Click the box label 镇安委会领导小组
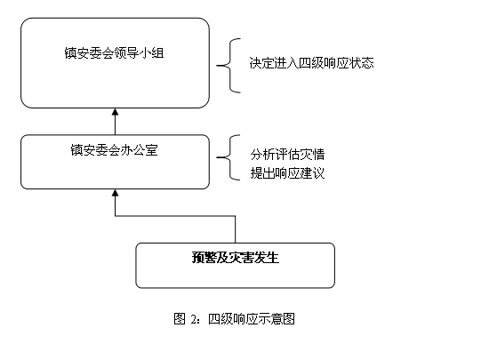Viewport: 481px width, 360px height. coord(114,52)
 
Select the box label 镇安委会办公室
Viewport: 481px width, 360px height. coord(114,150)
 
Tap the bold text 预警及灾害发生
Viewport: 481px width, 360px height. coord(236,257)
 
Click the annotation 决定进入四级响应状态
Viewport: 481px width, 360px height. coord(311,63)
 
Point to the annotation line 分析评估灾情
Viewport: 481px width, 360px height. coord(287,155)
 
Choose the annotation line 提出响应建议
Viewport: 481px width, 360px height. coord(287,173)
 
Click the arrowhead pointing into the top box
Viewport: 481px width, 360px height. coord(115,112)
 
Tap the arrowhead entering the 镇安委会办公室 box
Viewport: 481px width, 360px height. coord(115,193)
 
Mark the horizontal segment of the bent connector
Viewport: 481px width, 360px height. coord(175,216)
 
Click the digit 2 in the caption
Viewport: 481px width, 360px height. coord(194,319)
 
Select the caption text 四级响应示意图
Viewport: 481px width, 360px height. coord(252,319)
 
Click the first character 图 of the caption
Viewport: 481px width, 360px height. coord(180,318)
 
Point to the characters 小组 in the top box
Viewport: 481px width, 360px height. coord(151,52)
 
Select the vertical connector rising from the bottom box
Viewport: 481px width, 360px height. coord(236,229)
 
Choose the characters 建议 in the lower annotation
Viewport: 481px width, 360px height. coord(312,173)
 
